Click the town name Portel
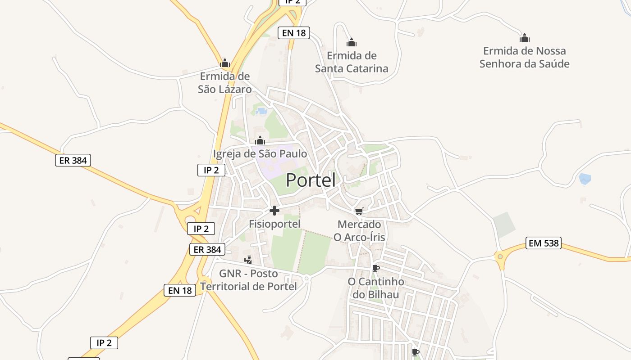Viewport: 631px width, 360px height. tap(311, 180)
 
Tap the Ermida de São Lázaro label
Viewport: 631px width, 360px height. tap(225, 83)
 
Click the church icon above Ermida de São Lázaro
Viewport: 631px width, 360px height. tap(225, 63)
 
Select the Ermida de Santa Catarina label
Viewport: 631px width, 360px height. tap(352, 62)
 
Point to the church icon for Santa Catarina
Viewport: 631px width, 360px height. tap(352, 43)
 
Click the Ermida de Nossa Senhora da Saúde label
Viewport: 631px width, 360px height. tap(524, 57)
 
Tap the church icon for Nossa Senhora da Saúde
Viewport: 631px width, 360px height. tap(524, 38)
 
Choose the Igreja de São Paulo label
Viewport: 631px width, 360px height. tap(260, 154)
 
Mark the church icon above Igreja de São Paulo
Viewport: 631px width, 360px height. tap(260, 141)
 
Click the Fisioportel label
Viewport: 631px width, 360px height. tap(274, 224)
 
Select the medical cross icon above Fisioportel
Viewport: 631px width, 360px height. tap(274, 211)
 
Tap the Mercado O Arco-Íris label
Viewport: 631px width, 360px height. tap(359, 230)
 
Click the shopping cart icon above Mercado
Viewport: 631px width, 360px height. tap(359, 211)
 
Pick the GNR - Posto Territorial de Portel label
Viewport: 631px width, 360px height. tap(248, 280)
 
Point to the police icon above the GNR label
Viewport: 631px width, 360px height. tap(248, 260)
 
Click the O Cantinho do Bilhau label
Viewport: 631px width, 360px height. tap(376, 288)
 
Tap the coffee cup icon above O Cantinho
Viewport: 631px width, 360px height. tap(376, 269)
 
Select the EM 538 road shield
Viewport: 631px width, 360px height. tap(544, 243)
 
